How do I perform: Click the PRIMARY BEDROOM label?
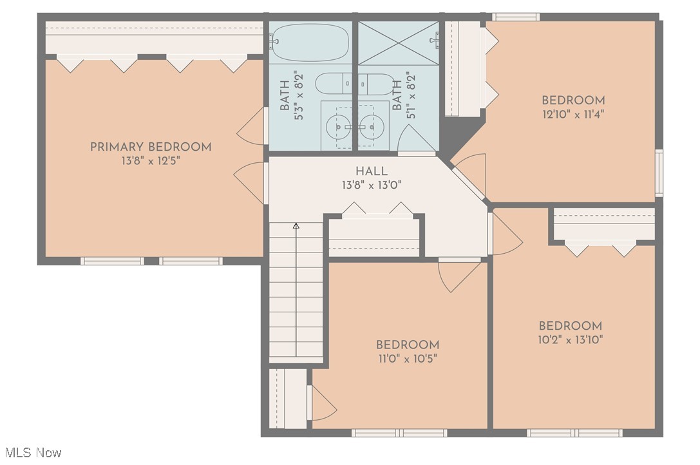(151, 147)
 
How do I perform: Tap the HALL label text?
(372, 171)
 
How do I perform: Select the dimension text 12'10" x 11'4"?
(573, 115)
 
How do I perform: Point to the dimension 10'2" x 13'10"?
(571, 340)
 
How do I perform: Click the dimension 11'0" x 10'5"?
(406, 359)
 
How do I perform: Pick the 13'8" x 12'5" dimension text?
(151, 161)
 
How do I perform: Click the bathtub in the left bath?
(310, 43)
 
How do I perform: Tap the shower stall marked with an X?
(398, 43)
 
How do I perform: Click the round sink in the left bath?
(338, 127)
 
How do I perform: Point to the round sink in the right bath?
(372, 127)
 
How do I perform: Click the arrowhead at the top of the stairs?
(296, 225)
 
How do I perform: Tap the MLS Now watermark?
(33, 453)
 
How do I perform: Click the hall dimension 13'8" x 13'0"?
(372, 185)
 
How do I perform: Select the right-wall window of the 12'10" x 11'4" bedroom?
(659, 173)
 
